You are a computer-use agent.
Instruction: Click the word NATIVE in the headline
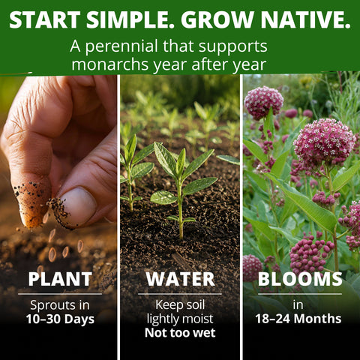pos(306,19)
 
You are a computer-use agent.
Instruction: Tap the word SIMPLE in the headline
pos(130,19)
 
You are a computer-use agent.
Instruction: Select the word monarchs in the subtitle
pos(110,64)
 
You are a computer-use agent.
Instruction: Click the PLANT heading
pos(60,279)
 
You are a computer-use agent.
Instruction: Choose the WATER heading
pos(180,279)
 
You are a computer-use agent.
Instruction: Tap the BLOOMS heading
pos(300,279)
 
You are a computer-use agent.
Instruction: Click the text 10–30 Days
pos(60,319)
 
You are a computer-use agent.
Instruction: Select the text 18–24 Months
pos(298,319)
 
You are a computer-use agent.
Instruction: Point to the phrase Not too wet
pos(180,333)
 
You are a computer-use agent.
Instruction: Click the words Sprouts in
pos(60,305)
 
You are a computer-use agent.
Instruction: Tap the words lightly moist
pos(180,319)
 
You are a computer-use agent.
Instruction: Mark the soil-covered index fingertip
pos(31,203)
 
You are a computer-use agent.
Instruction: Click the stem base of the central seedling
pos(181,236)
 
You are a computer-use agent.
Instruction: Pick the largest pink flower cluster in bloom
pos(324,141)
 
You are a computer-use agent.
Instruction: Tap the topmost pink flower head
pos(263,103)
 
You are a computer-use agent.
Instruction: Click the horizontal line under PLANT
pos(60,294)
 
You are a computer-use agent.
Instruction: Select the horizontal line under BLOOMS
pos(300,294)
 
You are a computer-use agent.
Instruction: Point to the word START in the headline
pos(44,19)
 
